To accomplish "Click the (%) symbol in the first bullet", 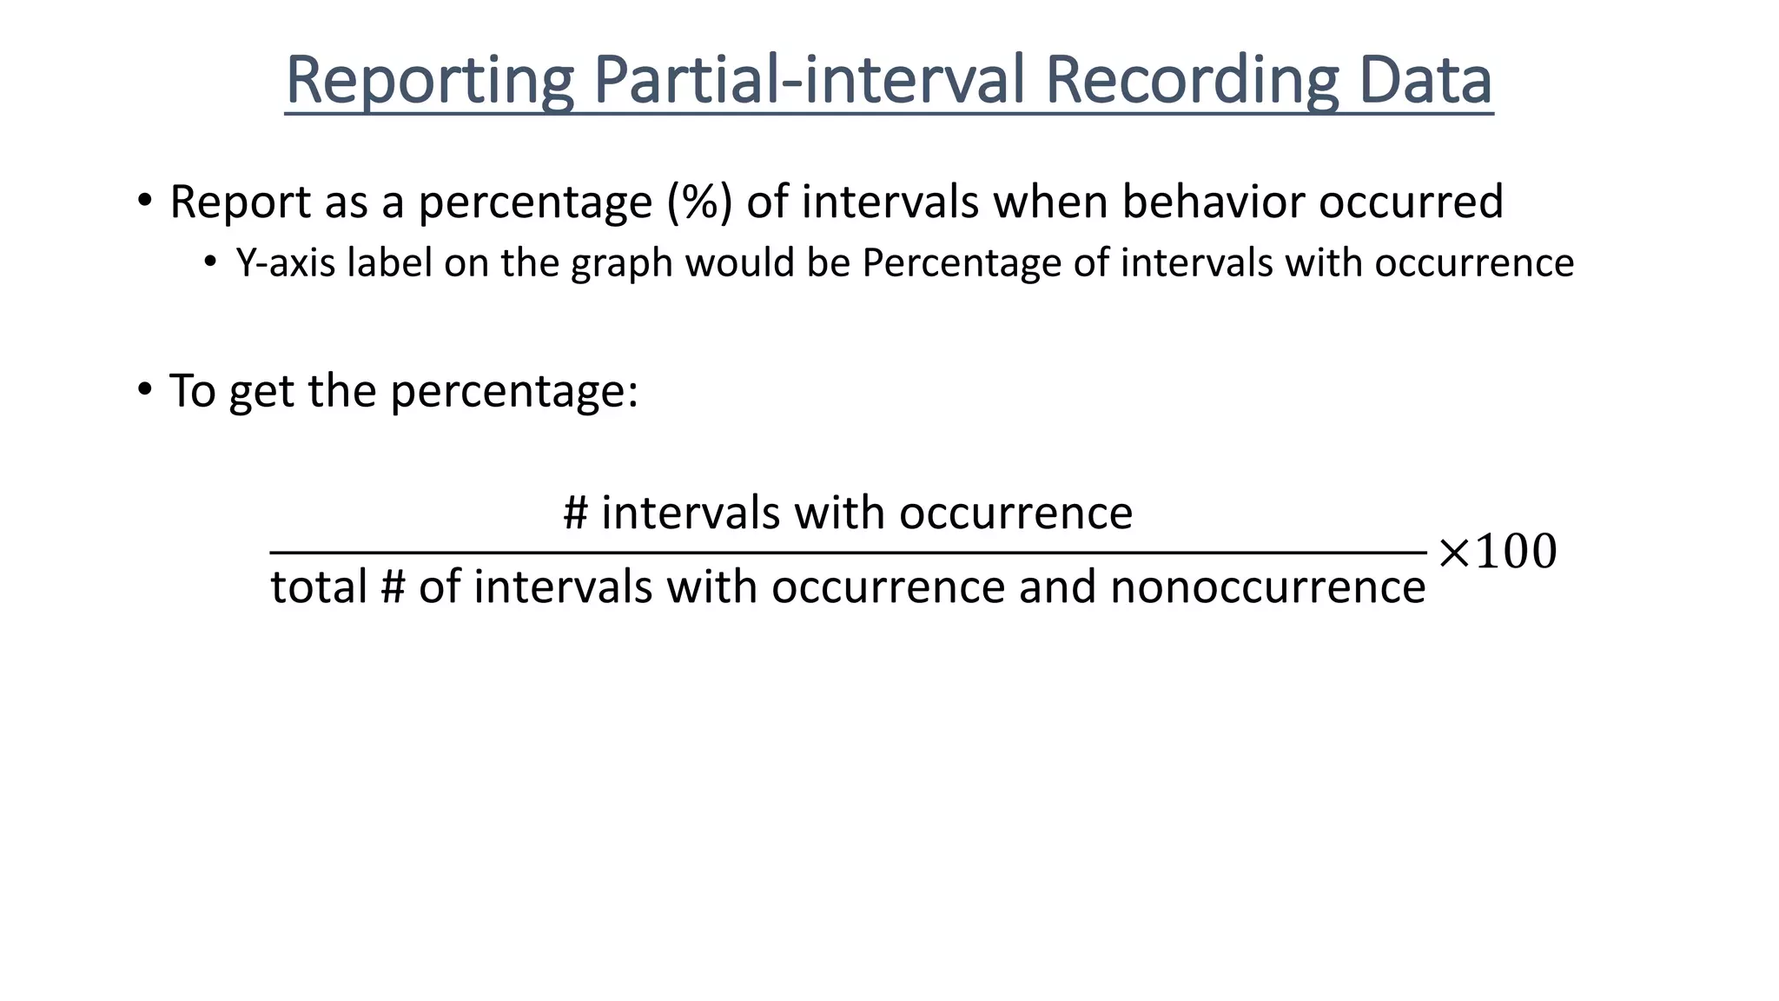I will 699,202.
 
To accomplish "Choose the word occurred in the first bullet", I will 1411,202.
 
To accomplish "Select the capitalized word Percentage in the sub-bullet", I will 961,263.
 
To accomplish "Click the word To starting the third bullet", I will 192,390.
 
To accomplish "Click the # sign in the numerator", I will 576,513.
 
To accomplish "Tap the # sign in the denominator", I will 393,587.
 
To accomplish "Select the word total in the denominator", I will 319,587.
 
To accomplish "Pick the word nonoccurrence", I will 1267,587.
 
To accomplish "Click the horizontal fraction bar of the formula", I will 848,552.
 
